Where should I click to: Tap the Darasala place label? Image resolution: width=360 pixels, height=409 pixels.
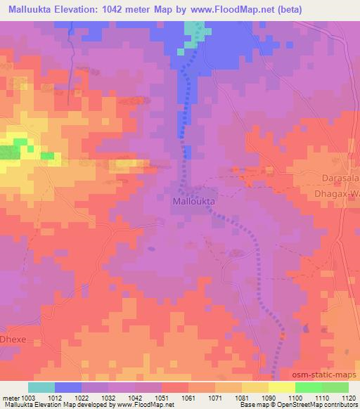[x=341, y=177]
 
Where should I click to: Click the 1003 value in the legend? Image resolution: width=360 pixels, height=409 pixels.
[x=20, y=397]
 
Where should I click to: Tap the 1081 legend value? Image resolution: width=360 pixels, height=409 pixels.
[x=242, y=397]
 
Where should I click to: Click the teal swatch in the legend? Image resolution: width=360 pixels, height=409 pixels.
[x=41, y=387]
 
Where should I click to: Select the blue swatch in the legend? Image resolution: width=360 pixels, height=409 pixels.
[x=68, y=387]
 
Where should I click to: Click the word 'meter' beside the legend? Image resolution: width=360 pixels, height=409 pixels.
[x=8, y=397]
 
